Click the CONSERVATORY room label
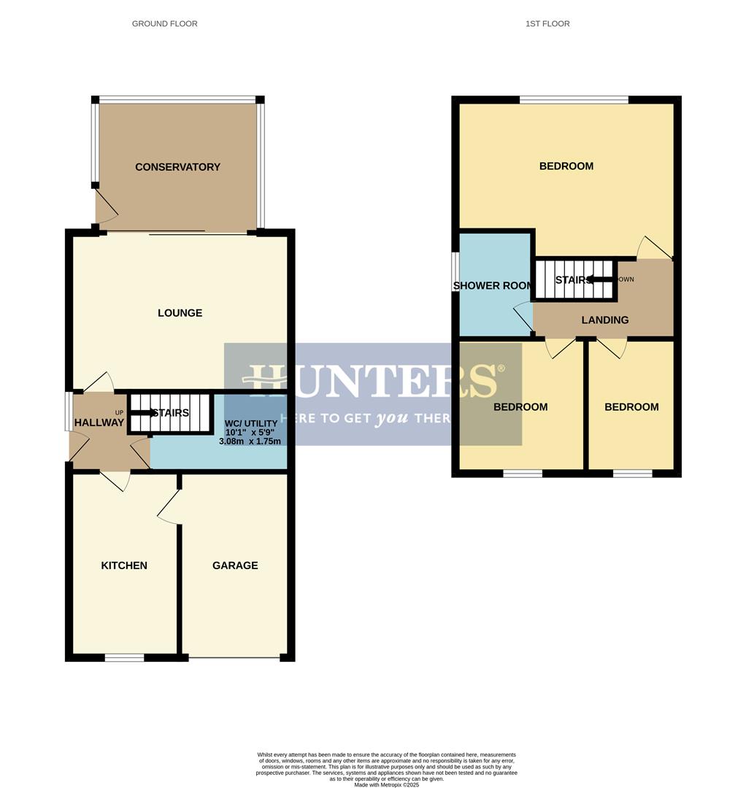point(177,167)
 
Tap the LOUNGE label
point(180,313)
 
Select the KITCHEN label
point(124,565)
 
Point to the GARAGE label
point(235,565)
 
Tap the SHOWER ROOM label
point(493,285)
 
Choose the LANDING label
point(605,320)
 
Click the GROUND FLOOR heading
point(164,24)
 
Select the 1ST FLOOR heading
point(547,24)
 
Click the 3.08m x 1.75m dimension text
point(250,441)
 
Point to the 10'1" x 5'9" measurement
point(250,433)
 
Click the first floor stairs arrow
point(600,279)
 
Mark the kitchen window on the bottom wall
point(124,657)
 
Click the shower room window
point(455,272)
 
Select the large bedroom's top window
point(574,100)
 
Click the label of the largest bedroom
point(566,166)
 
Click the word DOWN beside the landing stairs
point(626,279)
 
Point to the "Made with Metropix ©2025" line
point(387,784)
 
